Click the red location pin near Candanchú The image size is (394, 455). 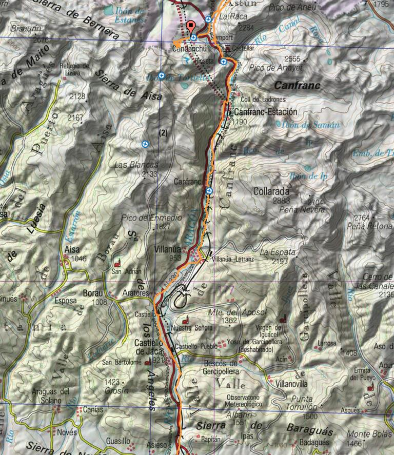(x=192, y=27)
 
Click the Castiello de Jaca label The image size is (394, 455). (x=148, y=347)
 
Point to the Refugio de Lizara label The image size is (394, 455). (x=74, y=69)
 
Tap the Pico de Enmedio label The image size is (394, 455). (x=151, y=217)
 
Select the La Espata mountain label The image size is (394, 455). (x=278, y=252)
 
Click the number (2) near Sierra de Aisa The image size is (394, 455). (x=163, y=132)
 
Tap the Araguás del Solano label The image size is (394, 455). (x=50, y=395)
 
